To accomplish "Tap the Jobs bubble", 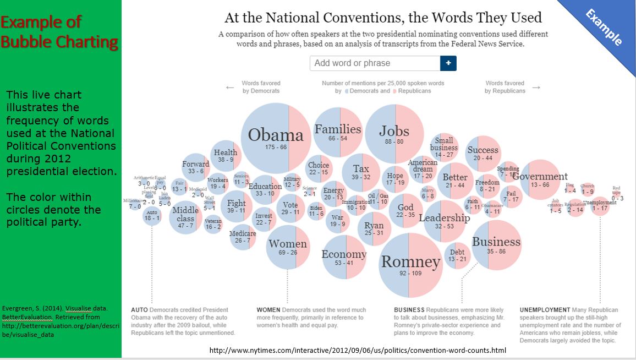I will point(394,133).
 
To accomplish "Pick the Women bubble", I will point(287,247).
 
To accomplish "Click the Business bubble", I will point(496,245).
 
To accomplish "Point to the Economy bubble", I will point(344,257).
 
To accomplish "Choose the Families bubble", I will point(337,133).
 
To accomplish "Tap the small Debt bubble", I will point(457,255).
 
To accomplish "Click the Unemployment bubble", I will point(600,205).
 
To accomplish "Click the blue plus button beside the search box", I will point(448,63).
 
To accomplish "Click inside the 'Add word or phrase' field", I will point(375,63).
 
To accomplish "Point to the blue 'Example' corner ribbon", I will point(604,26).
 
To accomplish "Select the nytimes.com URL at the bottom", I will point(358,350).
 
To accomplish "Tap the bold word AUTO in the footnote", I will point(139,310).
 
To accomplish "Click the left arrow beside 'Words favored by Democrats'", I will point(230,88).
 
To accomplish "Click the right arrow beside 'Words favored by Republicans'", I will point(536,88).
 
